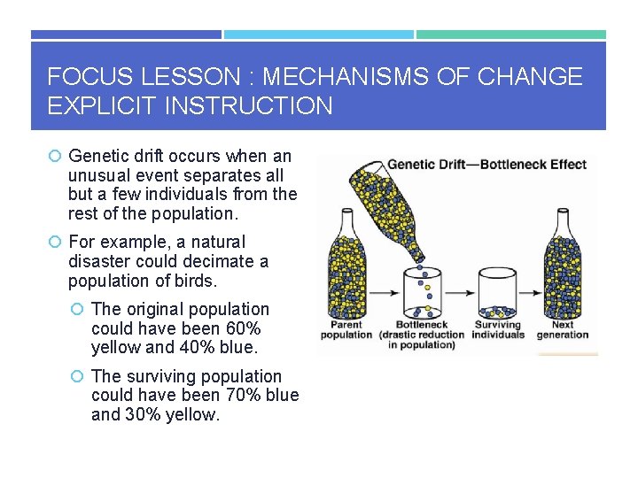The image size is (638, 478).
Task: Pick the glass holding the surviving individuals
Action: coord(497,296)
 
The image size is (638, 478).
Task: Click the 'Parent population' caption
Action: coord(346,329)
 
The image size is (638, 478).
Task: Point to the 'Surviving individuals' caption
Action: coord(497,329)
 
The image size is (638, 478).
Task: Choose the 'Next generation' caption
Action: coord(562,329)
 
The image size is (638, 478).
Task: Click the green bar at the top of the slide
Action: coord(511,35)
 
